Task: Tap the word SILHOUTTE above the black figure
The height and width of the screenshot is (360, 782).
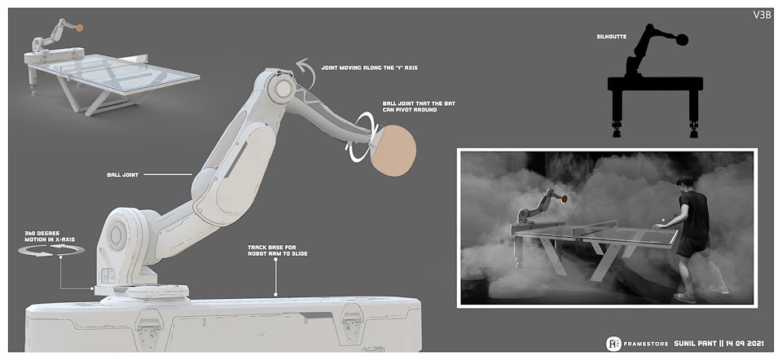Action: click(611, 37)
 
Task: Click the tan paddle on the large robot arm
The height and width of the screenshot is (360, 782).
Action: click(393, 150)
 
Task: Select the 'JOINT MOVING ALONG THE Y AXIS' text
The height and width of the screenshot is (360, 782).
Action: click(370, 68)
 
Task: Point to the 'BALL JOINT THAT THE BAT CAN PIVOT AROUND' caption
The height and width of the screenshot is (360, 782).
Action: click(419, 106)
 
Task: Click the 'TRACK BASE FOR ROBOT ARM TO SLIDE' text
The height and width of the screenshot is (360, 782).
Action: click(278, 250)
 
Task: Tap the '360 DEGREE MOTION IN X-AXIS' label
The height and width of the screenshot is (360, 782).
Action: click(50, 236)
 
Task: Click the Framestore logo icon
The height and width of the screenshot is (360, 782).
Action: click(613, 344)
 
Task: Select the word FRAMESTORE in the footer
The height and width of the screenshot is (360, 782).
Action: click(644, 344)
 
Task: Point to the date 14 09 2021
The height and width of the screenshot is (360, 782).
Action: click(747, 344)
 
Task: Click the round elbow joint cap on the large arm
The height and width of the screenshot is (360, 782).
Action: click(283, 89)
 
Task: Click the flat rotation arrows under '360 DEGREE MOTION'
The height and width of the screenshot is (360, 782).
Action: click(51, 250)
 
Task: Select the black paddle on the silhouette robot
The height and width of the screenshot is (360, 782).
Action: click(682, 39)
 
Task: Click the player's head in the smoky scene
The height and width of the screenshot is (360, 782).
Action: click(688, 183)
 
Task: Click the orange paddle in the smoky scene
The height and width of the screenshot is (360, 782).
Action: click(564, 199)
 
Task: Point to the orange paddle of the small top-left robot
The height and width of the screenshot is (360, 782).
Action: click(79, 29)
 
